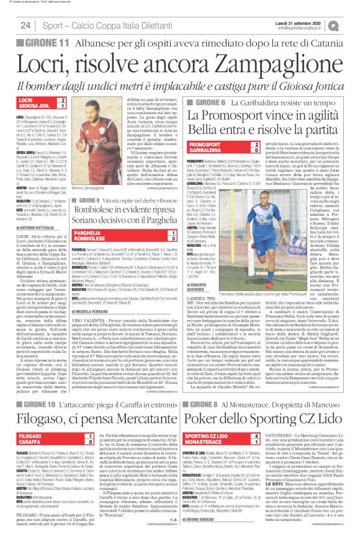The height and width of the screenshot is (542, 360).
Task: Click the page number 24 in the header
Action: (x=26, y=24)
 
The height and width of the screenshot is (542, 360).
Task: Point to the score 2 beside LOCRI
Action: (x=63, y=99)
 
